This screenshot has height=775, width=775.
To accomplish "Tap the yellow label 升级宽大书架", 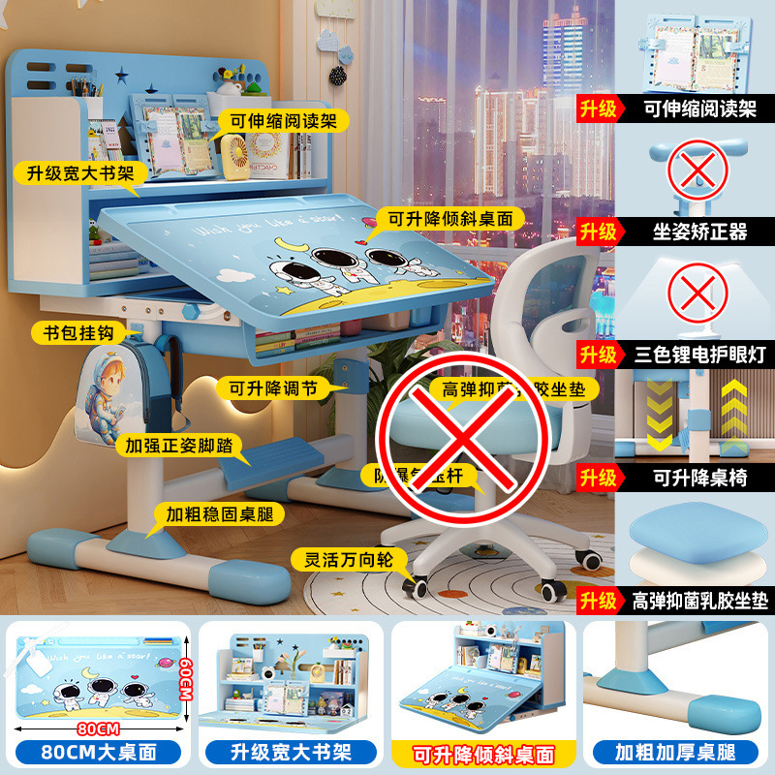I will pyautogui.click(x=80, y=173).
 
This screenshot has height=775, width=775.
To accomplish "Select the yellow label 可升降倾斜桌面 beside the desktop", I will pyautogui.click(x=450, y=219).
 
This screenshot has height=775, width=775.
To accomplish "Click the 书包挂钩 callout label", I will pyautogui.click(x=77, y=332).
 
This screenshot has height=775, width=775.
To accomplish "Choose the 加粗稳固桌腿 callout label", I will pyautogui.click(x=209, y=512).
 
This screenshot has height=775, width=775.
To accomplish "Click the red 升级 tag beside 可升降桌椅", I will pyautogui.click(x=599, y=478).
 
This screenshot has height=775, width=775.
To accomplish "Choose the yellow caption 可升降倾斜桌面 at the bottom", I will pyautogui.click(x=484, y=753).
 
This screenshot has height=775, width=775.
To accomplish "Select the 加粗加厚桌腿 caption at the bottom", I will pyautogui.click(x=675, y=752).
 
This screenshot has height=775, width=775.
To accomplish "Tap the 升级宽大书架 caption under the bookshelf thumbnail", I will pyautogui.click(x=290, y=752).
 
